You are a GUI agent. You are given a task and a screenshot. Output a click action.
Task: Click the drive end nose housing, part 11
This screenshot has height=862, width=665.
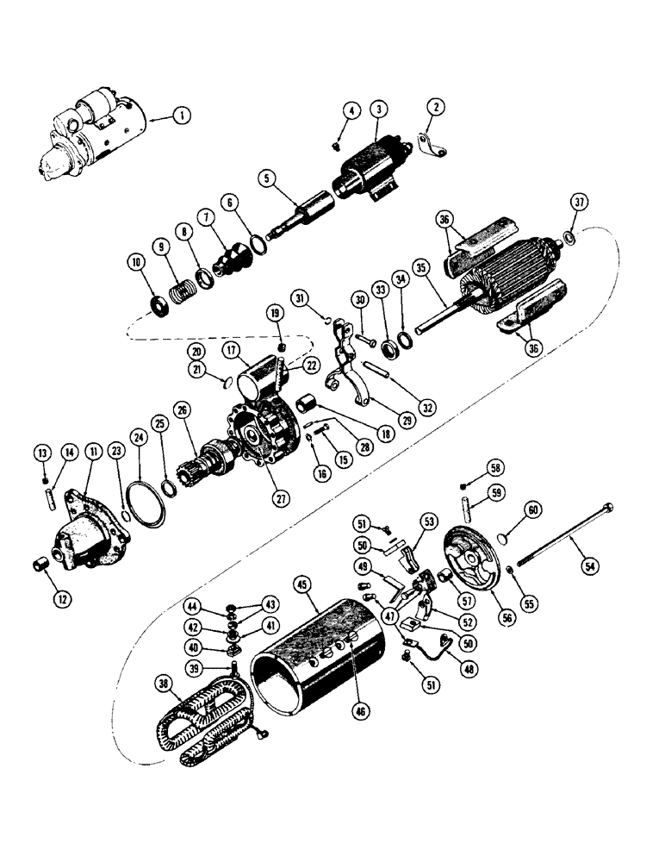[90, 539]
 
